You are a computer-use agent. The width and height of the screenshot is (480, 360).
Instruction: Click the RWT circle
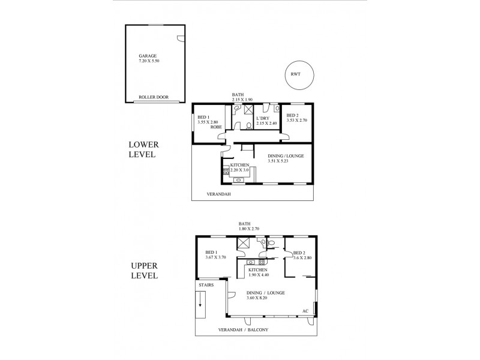[x=295, y=74]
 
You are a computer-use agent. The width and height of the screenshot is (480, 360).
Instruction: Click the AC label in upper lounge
[x=305, y=311]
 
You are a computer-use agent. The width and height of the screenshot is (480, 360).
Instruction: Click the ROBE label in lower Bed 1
[x=216, y=127]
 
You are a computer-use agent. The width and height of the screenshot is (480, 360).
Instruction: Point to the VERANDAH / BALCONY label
[x=248, y=331]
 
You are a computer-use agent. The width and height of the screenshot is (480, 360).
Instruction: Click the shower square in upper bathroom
[x=244, y=243]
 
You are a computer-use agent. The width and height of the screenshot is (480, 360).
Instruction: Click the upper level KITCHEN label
[x=258, y=270]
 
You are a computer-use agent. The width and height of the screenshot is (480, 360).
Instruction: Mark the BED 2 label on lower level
[x=292, y=115]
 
